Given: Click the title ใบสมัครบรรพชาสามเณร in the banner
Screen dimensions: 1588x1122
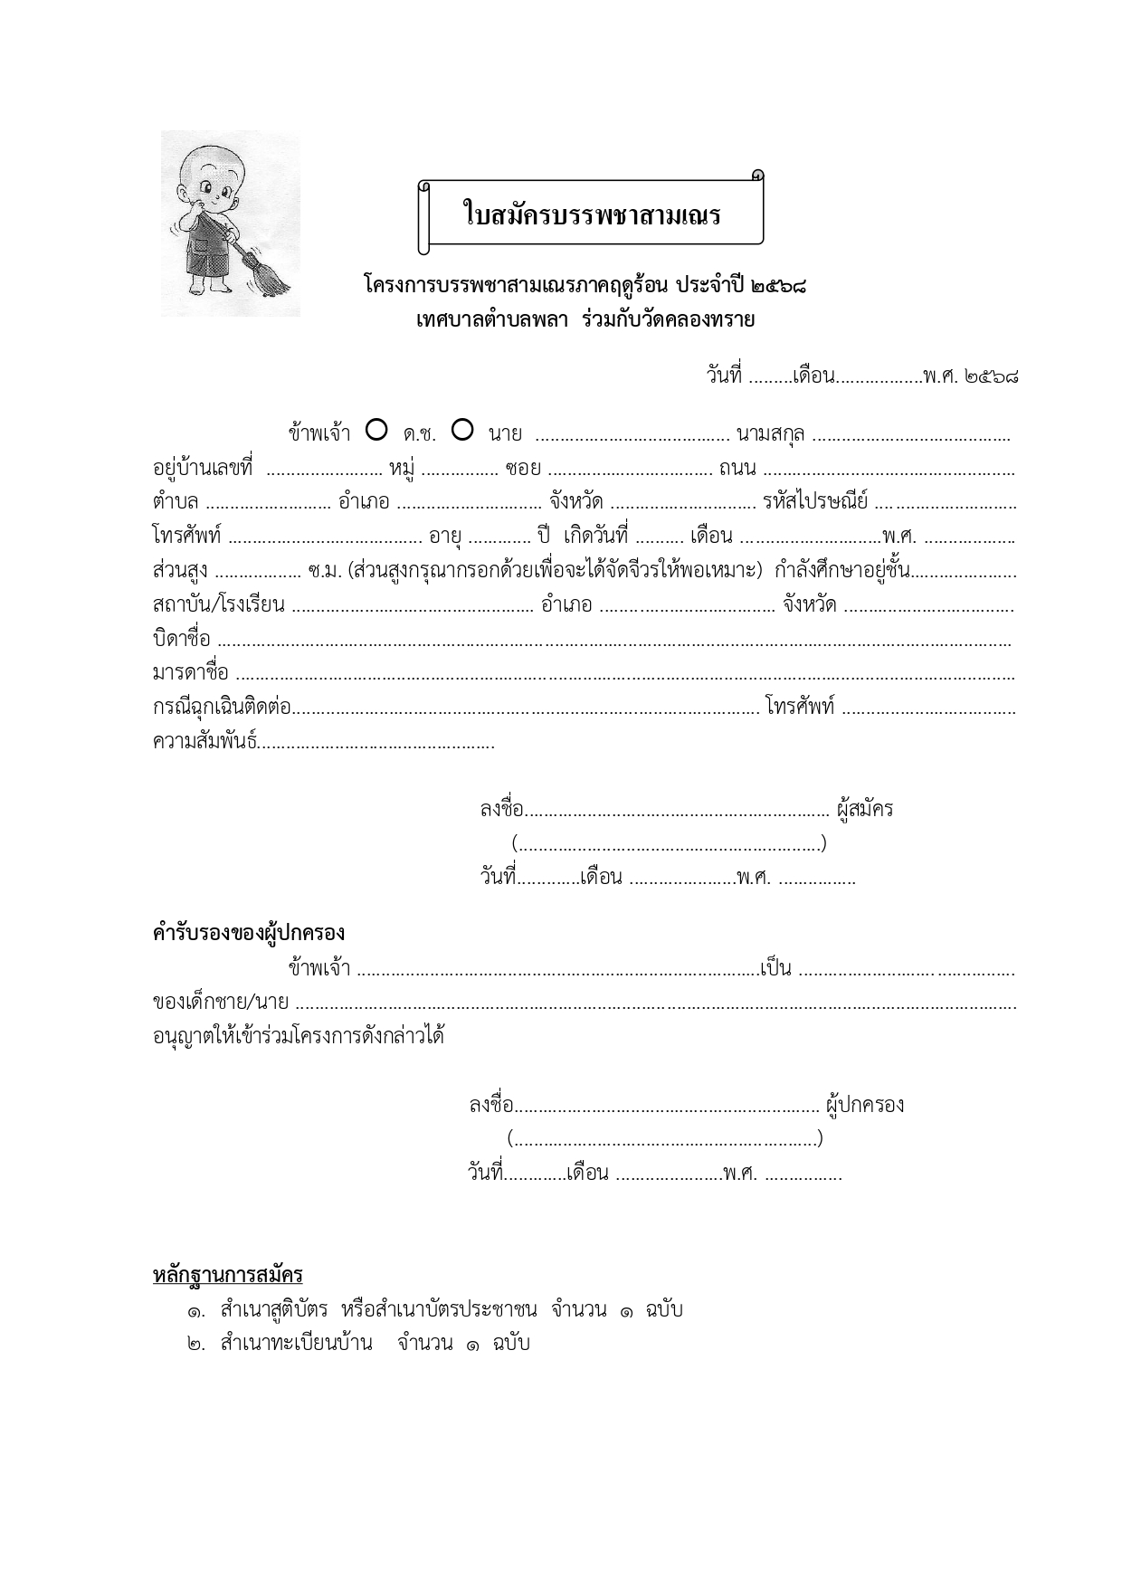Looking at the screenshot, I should [x=591, y=215].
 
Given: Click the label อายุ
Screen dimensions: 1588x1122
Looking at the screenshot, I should [x=445, y=537].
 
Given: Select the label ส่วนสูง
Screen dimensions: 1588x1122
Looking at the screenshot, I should [x=180, y=571].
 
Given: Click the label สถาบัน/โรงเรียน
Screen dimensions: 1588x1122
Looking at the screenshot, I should [x=219, y=604].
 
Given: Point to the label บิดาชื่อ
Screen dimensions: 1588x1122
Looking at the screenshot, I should [x=181, y=639].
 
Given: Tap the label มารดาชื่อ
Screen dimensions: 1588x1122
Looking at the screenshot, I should [x=190, y=673].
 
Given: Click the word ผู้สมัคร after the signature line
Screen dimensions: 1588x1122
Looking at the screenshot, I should [x=866, y=809].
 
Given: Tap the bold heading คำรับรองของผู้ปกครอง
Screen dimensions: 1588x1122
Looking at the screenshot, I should [x=248, y=933].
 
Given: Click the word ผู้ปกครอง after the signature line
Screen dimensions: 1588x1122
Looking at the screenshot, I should [x=865, y=1105].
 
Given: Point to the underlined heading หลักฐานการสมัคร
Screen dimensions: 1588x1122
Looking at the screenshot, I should [x=227, y=1275].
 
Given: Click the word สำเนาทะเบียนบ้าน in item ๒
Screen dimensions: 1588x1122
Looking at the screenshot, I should [x=296, y=1343].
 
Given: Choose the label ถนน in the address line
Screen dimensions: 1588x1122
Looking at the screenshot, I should [x=737, y=468].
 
